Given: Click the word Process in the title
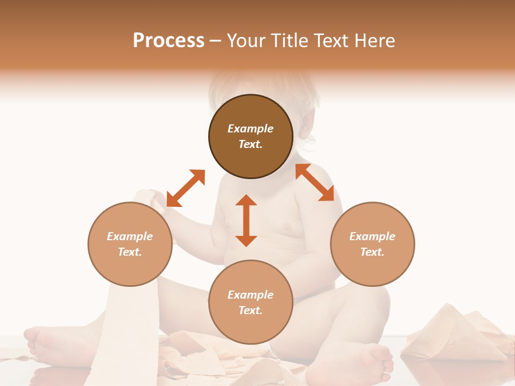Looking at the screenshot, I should (168, 41).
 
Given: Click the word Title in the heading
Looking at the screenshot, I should (288, 41).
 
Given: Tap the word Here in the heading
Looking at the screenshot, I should (374, 41).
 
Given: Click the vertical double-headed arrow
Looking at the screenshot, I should (246, 220).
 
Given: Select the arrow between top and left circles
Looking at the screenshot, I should (186, 188).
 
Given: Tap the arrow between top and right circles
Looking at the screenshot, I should (315, 182).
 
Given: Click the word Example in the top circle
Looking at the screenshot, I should (251, 129).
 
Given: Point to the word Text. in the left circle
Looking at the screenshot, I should (130, 252).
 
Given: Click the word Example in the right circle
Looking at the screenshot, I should (372, 236).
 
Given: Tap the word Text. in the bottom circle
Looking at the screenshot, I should (251, 310).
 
